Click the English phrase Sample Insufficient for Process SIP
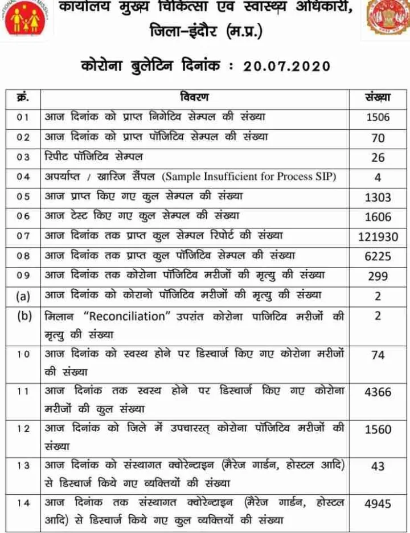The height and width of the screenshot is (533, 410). click(x=249, y=177)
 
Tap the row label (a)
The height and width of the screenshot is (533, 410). click(x=22, y=296)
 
